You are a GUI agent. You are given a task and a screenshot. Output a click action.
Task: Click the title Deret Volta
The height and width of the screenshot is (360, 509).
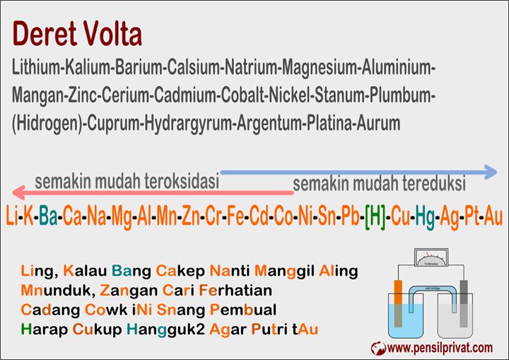[77, 34]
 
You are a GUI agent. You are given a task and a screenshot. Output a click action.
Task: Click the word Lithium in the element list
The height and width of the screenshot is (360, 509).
[36, 69]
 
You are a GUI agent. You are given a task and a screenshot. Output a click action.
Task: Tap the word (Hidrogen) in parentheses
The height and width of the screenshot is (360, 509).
[46, 123]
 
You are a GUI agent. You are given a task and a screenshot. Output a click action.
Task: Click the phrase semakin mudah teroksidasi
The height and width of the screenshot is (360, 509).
[127, 181]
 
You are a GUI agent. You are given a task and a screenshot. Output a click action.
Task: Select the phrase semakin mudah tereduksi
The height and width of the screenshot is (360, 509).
[379, 185]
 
